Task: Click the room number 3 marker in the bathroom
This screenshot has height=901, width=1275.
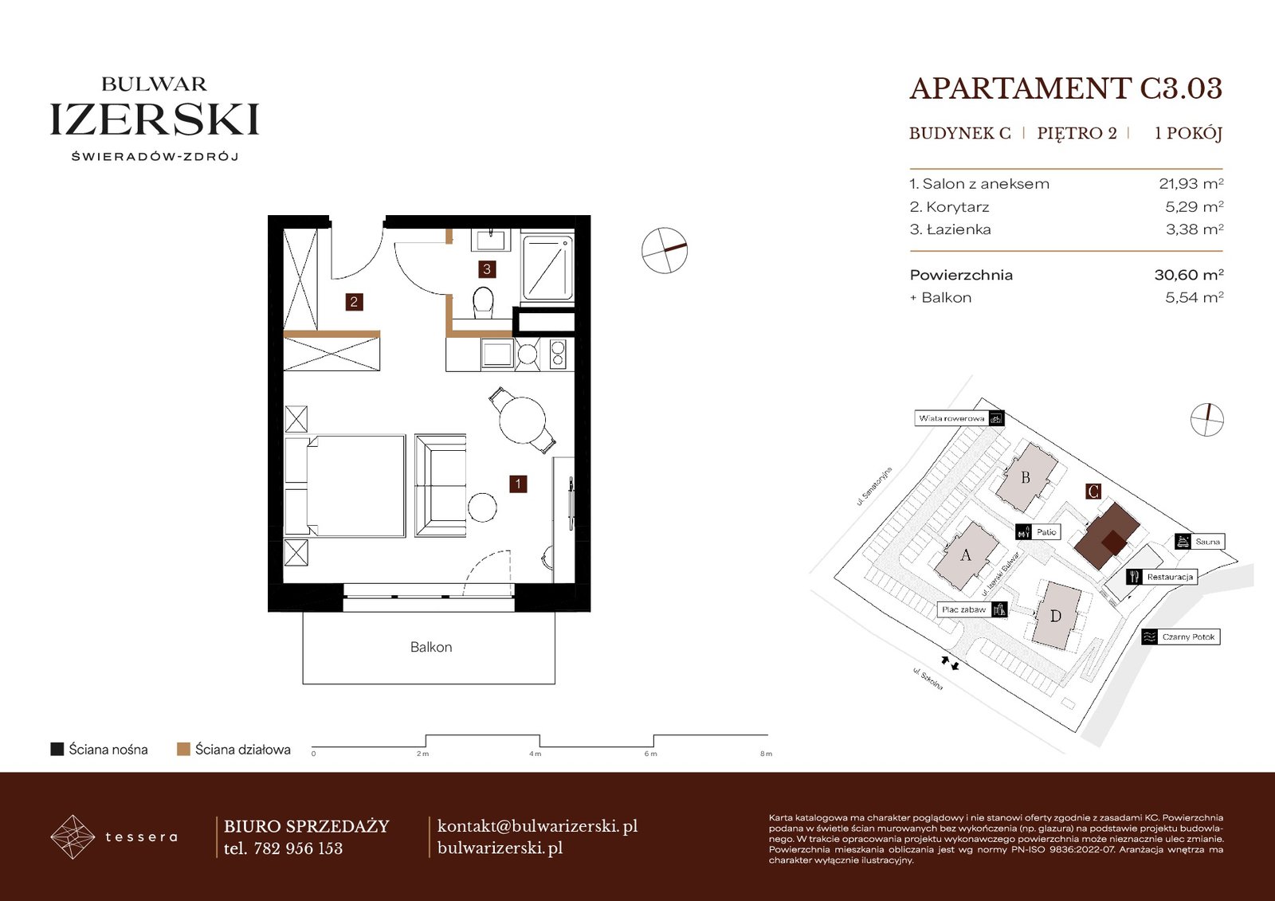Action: [x=487, y=269]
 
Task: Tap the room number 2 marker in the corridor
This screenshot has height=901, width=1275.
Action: [x=354, y=302]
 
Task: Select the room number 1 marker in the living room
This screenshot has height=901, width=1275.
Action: [x=518, y=484]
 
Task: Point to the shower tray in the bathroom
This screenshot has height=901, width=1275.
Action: [x=547, y=268]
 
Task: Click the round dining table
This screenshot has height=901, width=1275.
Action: [x=523, y=421]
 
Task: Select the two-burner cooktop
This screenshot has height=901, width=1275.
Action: [x=557, y=354]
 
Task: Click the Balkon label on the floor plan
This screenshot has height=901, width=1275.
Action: [x=431, y=647]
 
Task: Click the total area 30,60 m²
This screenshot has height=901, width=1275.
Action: [x=1189, y=275]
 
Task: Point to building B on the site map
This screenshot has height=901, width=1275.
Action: [x=1026, y=477]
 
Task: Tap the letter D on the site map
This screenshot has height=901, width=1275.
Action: [x=1055, y=616]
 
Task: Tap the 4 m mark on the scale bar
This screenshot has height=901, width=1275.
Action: [x=535, y=754]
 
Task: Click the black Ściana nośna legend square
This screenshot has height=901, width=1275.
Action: [x=57, y=749]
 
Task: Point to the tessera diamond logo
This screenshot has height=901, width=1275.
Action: [x=73, y=836]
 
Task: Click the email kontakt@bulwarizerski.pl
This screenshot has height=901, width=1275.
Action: [x=537, y=826]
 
